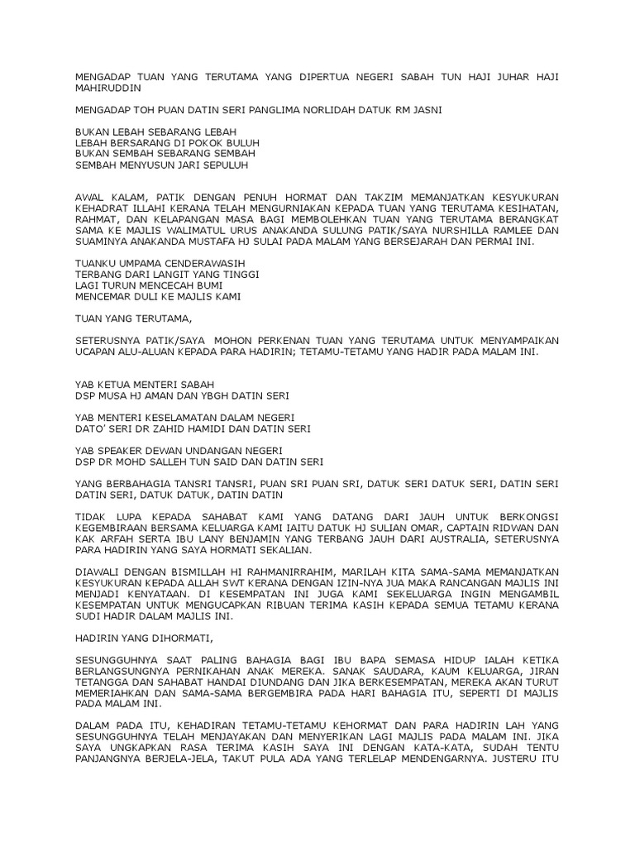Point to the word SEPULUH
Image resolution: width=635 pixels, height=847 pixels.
(240, 165)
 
